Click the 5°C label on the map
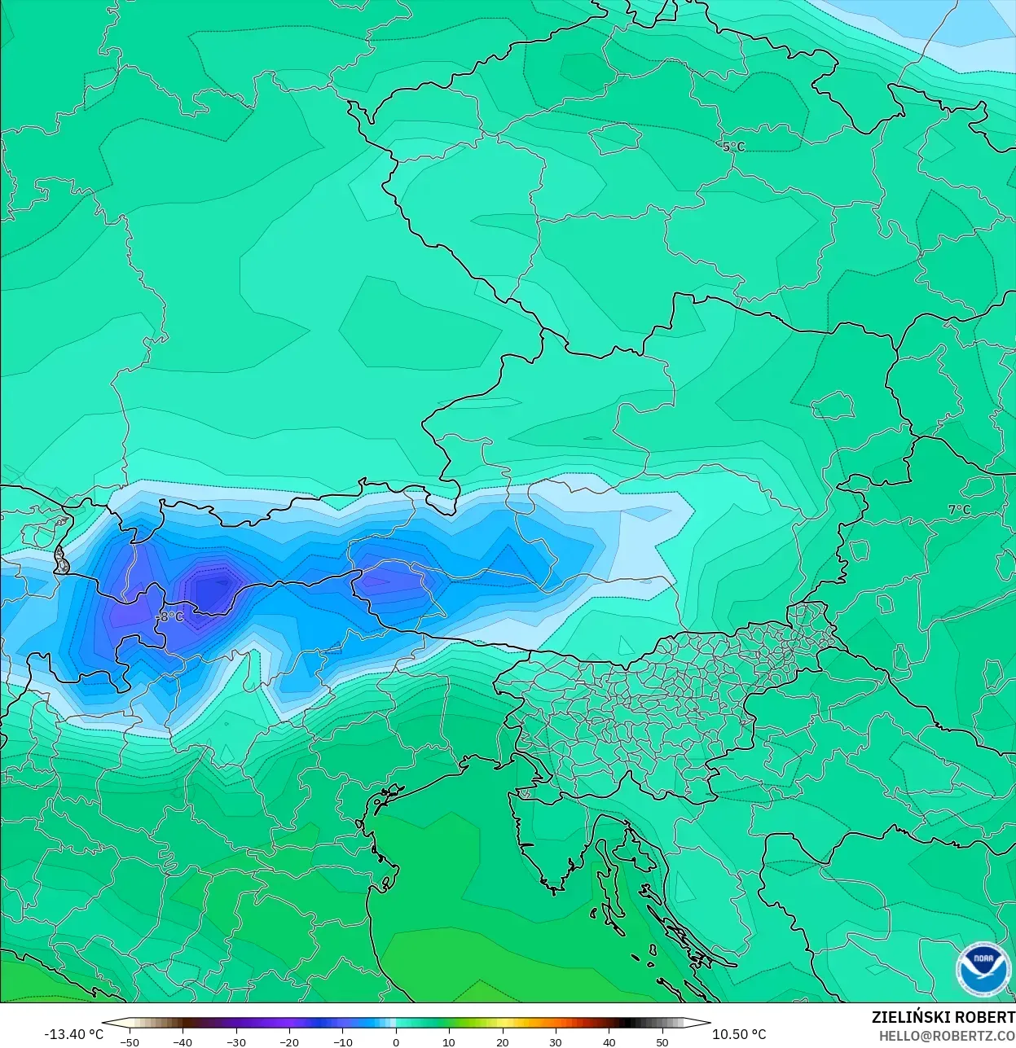pyautogui.click(x=733, y=147)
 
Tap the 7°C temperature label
pyautogui.click(x=959, y=510)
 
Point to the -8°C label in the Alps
pyautogui.click(x=170, y=617)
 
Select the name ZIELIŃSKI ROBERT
pyautogui.click(x=943, y=1017)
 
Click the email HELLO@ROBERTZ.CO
pyautogui.click(x=947, y=1036)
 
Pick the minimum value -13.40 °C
pyautogui.click(x=73, y=1034)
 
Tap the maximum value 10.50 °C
pyautogui.click(x=739, y=1034)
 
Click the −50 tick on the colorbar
pyautogui.click(x=129, y=1042)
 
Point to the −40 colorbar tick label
pyautogui.click(x=183, y=1042)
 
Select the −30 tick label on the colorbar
pyautogui.click(x=235, y=1042)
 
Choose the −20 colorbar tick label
pyautogui.click(x=289, y=1042)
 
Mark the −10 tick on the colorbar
pyautogui.click(x=342, y=1042)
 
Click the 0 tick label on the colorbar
pyautogui.click(x=396, y=1042)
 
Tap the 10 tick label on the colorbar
pyautogui.click(x=449, y=1042)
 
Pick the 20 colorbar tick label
pyautogui.click(x=503, y=1042)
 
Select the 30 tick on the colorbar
pyautogui.click(x=556, y=1042)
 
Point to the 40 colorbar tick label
pyautogui.click(x=609, y=1042)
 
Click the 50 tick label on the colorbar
pyautogui.click(x=662, y=1042)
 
